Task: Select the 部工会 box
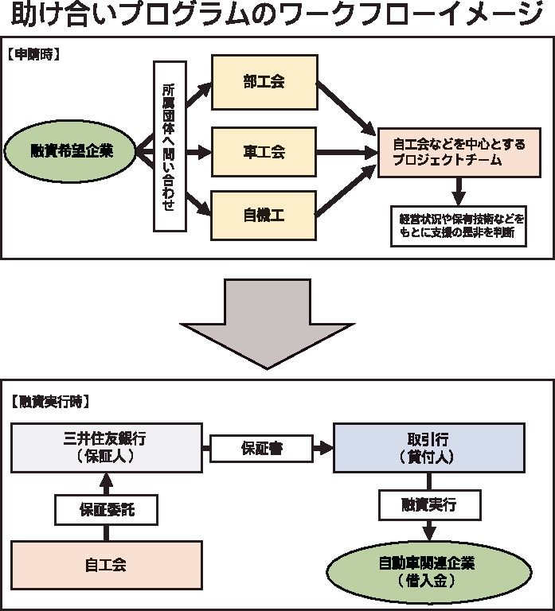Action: click(264, 82)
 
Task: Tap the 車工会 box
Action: click(264, 151)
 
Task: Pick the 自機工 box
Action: click(264, 214)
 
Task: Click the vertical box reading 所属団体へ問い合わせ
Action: click(170, 148)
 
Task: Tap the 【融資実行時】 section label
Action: click(50, 400)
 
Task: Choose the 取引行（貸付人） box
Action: click(428, 448)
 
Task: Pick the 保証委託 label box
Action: click(107, 509)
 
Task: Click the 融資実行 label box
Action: click(429, 504)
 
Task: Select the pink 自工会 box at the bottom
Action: click(106, 565)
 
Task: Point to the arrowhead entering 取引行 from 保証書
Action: click(326, 449)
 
